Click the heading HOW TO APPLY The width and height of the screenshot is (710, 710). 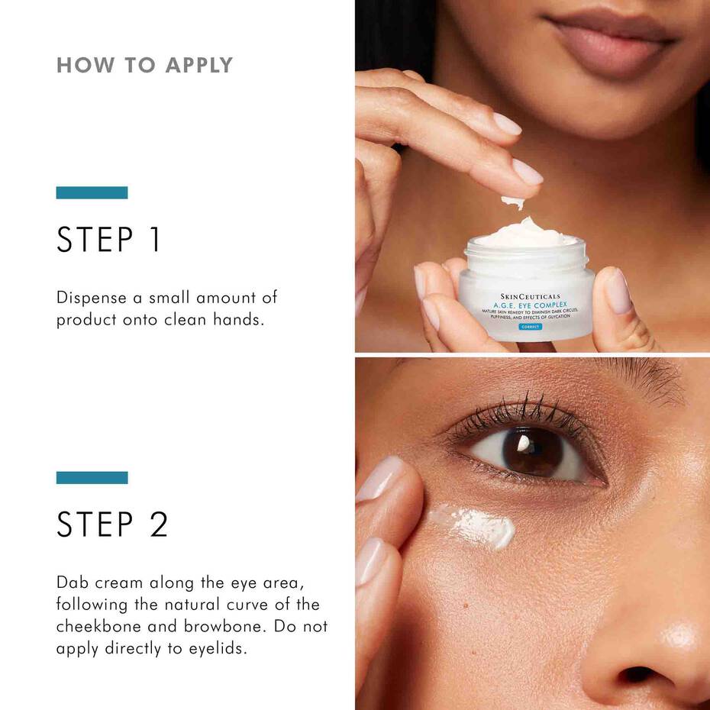click(144, 65)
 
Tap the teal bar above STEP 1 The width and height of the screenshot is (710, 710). click(92, 192)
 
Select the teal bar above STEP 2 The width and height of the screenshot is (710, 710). click(92, 477)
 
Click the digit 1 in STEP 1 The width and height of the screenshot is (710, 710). click(153, 239)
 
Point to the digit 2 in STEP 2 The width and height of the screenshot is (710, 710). click(158, 524)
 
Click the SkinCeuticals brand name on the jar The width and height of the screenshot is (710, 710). click(530, 295)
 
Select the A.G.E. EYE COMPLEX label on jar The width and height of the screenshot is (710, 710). click(529, 305)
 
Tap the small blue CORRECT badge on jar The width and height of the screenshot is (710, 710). click(529, 327)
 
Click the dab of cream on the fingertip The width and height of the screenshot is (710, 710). click(513, 202)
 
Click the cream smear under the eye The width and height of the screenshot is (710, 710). click(473, 525)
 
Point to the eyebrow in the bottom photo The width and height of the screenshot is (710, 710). click(649, 378)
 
